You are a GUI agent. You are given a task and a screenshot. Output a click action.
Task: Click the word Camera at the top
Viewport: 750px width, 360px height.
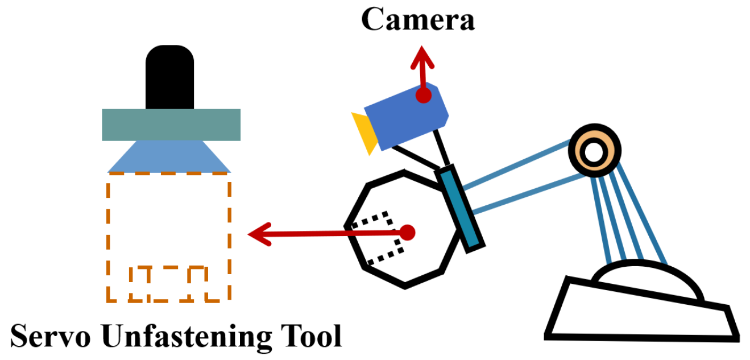(x=417, y=20)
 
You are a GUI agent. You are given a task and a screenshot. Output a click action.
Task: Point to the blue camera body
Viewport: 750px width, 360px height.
(x=406, y=117)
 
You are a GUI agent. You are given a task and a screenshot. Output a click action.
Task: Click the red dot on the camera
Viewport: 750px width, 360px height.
(x=422, y=96)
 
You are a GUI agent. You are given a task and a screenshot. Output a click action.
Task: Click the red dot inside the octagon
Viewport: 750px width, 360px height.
(x=408, y=231)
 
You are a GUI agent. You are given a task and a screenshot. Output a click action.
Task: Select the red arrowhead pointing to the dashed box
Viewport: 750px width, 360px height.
(x=259, y=234)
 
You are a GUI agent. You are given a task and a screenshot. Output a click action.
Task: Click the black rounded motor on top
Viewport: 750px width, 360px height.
(x=169, y=77)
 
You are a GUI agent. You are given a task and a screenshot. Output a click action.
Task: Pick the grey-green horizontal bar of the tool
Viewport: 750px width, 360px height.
(x=171, y=125)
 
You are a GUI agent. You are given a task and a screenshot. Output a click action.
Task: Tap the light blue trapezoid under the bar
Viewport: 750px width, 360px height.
(x=169, y=157)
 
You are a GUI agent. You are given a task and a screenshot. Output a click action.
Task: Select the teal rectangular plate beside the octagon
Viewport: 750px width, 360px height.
(x=462, y=208)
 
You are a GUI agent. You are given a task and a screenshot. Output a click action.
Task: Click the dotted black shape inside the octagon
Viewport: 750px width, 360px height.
(x=378, y=239)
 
